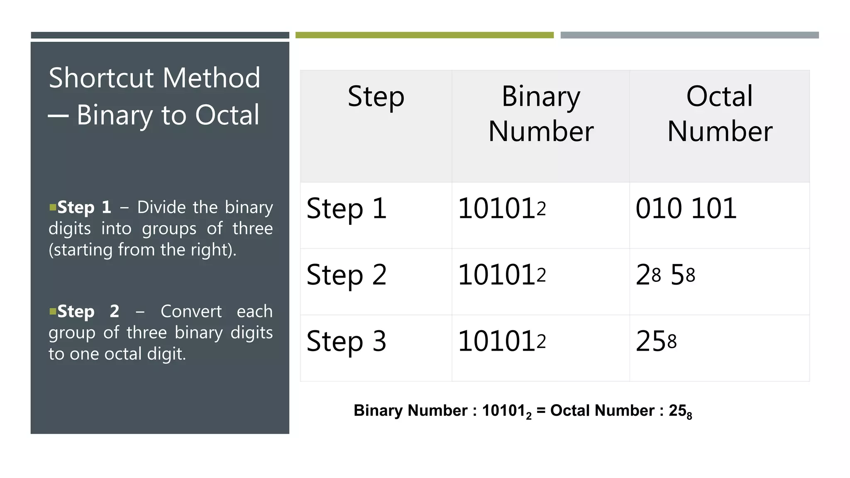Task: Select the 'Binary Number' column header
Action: [x=540, y=114]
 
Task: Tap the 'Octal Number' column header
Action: [x=720, y=114]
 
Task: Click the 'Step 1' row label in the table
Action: [x=347, y=208]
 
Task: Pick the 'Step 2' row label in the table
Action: [x=347, y=275]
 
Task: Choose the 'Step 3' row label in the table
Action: [x=347, y=341]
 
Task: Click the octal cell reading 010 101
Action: [x=686, y=208]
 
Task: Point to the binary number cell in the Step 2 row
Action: [x=502, y=275]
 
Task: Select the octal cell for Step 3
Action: [x=656, y=341]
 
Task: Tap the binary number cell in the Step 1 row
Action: [x=502, y=208]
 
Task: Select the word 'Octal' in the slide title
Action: [x=227, y=115]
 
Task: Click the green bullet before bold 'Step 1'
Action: [x=53, y=207]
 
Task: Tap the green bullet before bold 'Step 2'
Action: [x=53, y=311]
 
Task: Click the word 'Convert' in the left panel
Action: [x=191, y=311]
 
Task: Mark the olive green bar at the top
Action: [x=424, y=35]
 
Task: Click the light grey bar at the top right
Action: [x=689, y=35]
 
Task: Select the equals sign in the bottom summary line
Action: [x=541, y=410]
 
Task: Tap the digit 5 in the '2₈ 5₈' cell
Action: [x=677, y=275]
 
